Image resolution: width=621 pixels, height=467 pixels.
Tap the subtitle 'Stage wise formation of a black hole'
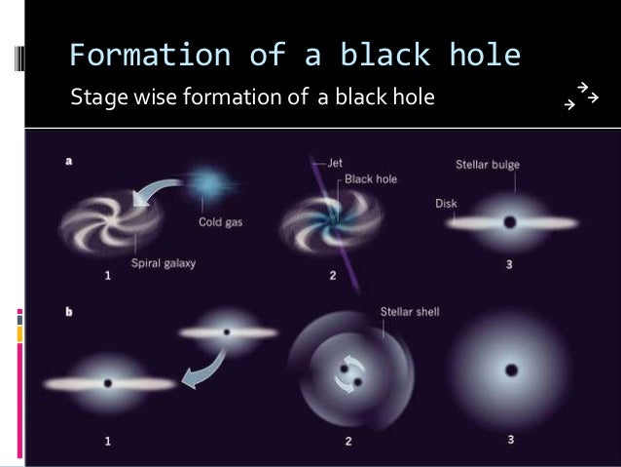[x=251, y=97]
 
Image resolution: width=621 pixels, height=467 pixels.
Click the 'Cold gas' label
[x=221, y=220]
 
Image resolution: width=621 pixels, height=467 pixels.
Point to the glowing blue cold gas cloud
[x=206, y=183]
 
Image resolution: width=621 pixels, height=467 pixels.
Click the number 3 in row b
[x=511, y=441]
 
